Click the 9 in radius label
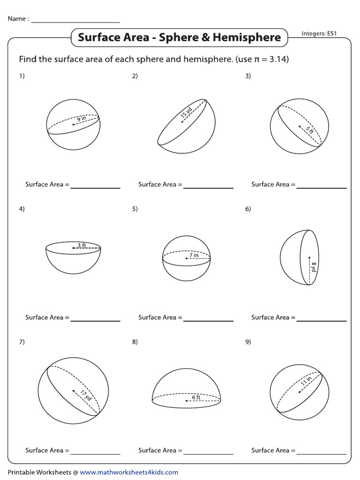(82, 119)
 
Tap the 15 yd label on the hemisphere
(186, 113)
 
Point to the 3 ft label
(81, 245)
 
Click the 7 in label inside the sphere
(194, 255)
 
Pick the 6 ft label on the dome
(195, 397)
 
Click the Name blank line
(75, 22)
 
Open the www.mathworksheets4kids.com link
(129, 472)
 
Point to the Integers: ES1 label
(321, 34)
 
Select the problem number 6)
(248, 209)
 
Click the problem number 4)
(22, 209)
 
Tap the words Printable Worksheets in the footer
(39, 472)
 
